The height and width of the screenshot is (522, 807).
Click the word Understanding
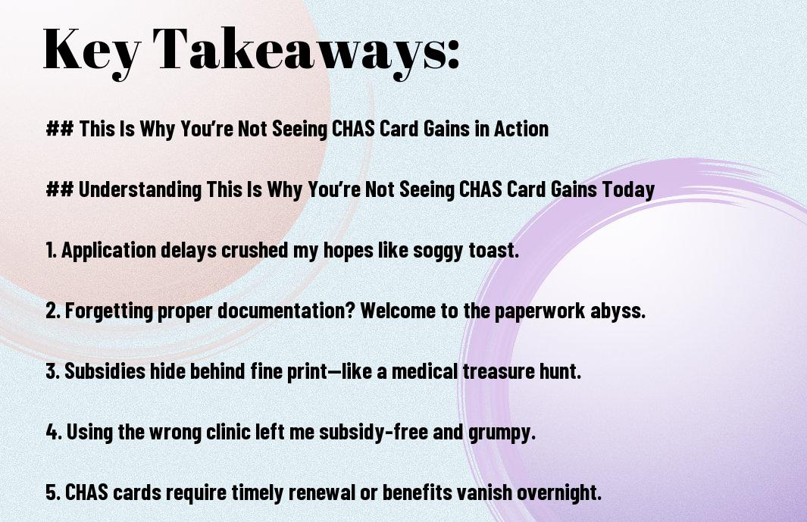[x=140, y=190]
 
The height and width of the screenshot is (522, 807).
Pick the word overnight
[x=559, y=492]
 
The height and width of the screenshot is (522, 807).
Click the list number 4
[x=54, y=432]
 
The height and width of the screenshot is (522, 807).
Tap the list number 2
[x=53, y=311]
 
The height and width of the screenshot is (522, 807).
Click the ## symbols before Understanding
[x=59, y=189]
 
